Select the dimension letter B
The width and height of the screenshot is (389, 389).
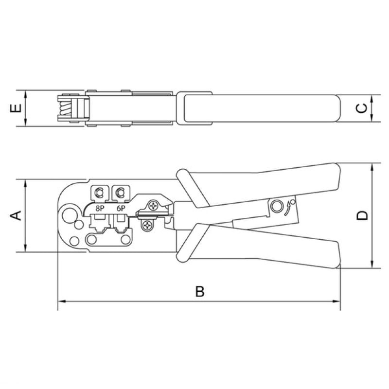click(x=200, y=291)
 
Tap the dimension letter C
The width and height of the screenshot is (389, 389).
click(x=362, y=108)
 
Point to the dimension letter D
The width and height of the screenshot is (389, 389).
click(x=362, y=215)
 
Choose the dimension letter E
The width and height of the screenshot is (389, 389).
click(x=16, y=108)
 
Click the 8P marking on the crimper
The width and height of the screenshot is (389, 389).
click(x=100, y=209)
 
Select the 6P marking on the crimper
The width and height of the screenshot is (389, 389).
click(x=121, y=209)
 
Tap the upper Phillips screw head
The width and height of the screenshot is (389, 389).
click(x=153, y=206)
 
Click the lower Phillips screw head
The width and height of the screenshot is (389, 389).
click(x=147, y=225)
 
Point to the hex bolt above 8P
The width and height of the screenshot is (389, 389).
click(x=99, y=193)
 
